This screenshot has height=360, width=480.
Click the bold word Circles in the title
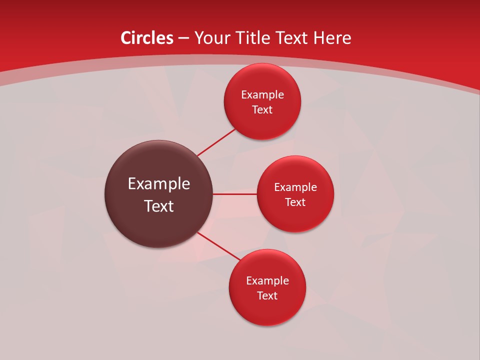(146, 38)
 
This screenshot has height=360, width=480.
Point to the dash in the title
(183, 38)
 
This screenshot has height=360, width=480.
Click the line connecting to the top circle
(216, 142)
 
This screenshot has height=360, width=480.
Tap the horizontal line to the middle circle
(235, 194)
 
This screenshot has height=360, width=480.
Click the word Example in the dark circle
(159, 184)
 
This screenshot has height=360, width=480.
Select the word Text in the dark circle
(159, 206)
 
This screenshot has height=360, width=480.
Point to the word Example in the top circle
(262, 95)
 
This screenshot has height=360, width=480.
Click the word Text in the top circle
(262, 110)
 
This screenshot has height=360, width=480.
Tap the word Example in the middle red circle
(295, 187)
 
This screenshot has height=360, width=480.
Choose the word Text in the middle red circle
(295, 202)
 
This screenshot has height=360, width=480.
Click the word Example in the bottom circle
(267, 281)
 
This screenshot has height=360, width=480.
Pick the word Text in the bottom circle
(267, 296)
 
